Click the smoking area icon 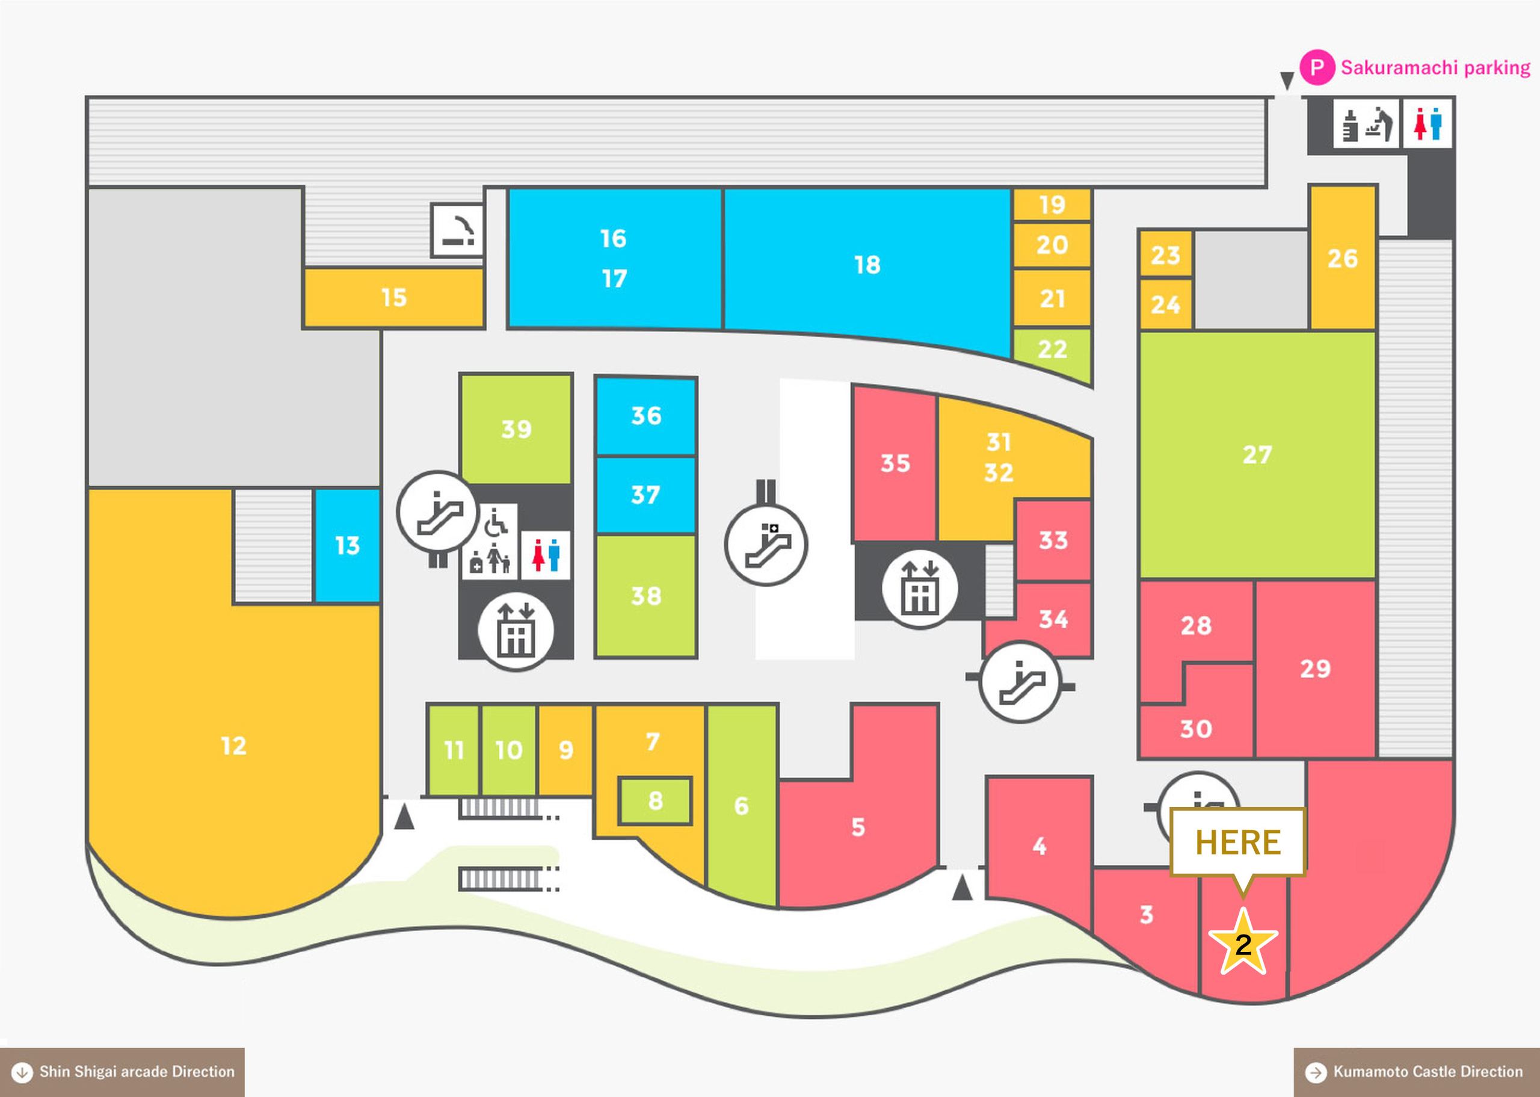(458, 231)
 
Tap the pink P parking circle (1317, 67)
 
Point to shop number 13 (348, 545)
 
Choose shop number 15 (393, 297)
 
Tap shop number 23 (1165, 255)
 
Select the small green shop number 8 (655, 800)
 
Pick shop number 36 (646, 415)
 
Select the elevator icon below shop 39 (516, 631)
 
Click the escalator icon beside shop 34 (1020, 681)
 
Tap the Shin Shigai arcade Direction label (122, 1072)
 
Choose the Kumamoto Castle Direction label (1417, 1072)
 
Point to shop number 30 (1196, 728)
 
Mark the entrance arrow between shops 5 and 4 (962, 887)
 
